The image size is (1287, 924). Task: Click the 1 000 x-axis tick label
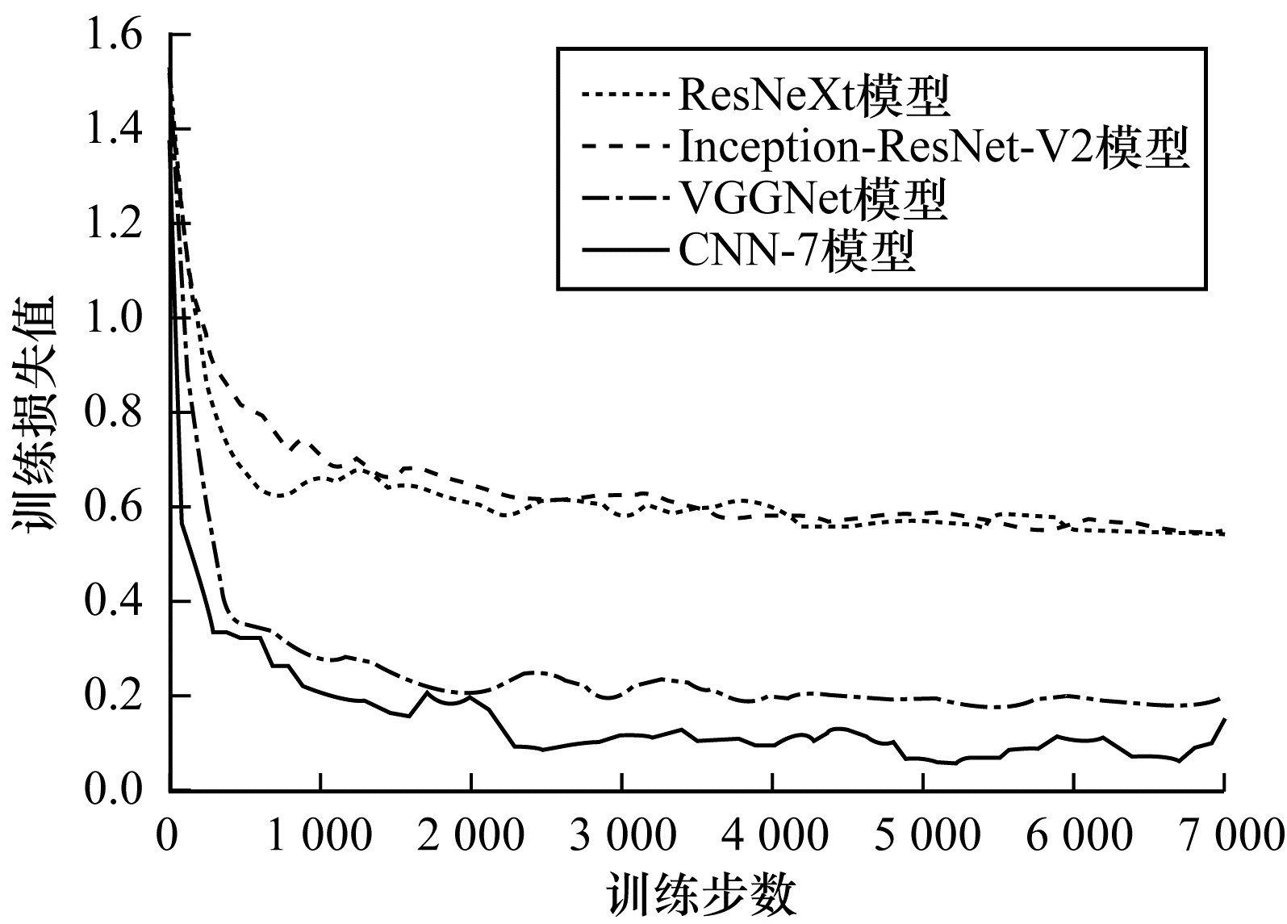tap(320, 835)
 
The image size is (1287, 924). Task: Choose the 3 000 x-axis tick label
tap(622, 835)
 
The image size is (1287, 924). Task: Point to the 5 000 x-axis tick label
tap(924, 835)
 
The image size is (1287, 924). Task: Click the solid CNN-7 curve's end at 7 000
tap(1224, 719)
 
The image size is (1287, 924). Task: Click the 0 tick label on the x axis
tap(168, 835)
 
